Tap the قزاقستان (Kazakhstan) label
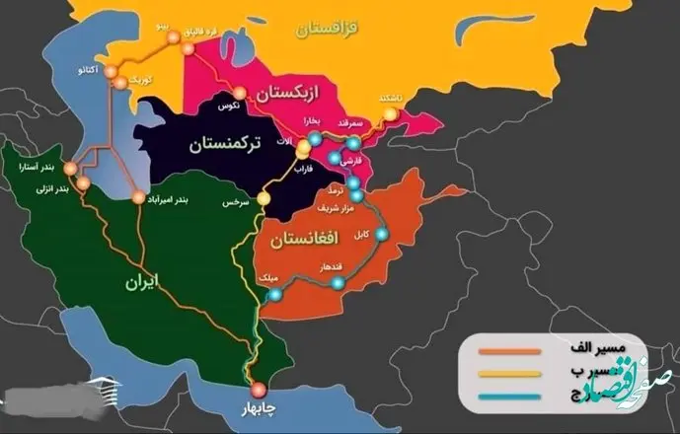pyautogui.click(x=335, y=30)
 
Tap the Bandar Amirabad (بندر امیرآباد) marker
pyautogui.click(x=137, y=198)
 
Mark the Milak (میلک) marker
pyautogui.click(x=275, y=293)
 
